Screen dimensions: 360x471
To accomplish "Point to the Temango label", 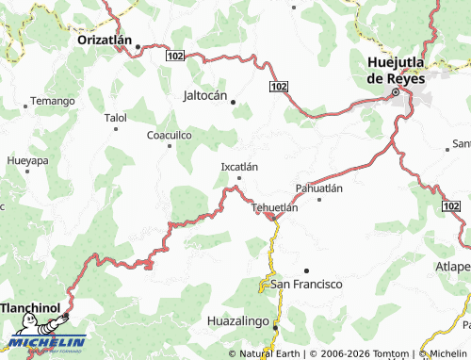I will pyautogui.click(x=52, y=101).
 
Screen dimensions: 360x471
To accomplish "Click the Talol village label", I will pyautogui.click(x=115, y=119).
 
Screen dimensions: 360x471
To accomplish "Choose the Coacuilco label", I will pyautogui.click(x=170, y=136).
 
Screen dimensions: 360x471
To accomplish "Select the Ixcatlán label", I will pyautogui.click(x=238, y=166).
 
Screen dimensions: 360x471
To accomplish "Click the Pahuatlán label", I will pyautogui.click(x=318, y=188).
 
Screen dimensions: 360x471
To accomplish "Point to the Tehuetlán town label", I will pyautogui.click(x=275, y=208).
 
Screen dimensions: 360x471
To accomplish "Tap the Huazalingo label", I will pyautogui.click(x=237, y=321).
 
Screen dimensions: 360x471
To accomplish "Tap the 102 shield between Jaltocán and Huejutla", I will pyautogui.click(x=277, y=87).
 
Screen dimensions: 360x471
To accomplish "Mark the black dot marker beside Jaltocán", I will pyautogui.click(x=234, y=102).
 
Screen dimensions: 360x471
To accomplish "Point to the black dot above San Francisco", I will pyautogui.click(x=306, y=270).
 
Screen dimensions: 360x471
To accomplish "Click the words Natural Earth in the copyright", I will pyautogui.click(x=269, y=354).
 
